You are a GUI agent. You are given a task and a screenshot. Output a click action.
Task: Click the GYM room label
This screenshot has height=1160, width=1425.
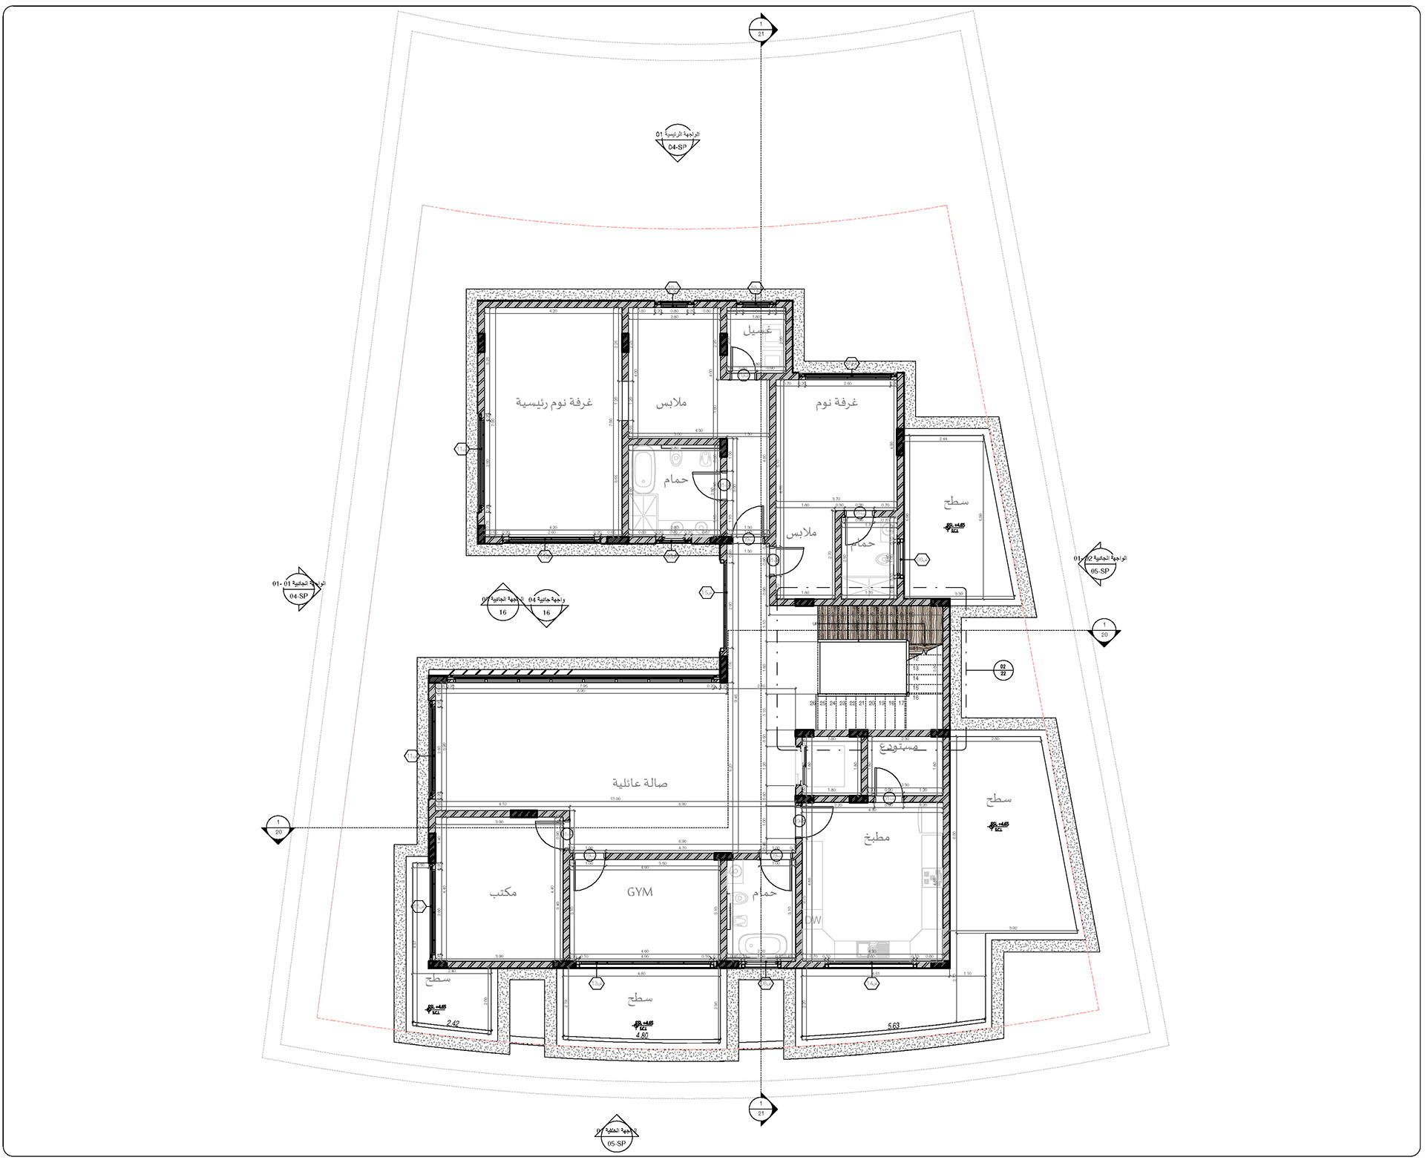click(639, 891)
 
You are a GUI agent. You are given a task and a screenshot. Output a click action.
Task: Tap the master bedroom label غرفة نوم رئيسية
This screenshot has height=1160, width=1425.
click(554, 402)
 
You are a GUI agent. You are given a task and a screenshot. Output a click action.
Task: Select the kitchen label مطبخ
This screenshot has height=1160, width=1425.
click(877, 838)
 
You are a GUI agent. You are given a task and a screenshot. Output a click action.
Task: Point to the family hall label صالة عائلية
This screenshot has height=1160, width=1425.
click(640, 783)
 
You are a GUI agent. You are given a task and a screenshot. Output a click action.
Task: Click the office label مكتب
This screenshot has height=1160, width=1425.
click(503, 892)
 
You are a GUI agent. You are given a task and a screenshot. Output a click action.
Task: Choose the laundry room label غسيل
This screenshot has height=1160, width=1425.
click(758, 330)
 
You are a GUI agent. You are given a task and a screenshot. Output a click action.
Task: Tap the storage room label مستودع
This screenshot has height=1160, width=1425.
click(898, 747)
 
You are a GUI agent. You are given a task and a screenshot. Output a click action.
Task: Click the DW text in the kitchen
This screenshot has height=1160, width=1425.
click(813, 920)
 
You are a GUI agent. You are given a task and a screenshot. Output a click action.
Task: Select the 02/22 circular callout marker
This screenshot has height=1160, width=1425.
click(1003, 670)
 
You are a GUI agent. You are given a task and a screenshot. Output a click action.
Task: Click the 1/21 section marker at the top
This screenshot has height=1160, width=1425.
click(761, 30)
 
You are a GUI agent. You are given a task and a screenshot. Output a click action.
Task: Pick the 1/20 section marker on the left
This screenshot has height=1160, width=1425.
click(278, 827)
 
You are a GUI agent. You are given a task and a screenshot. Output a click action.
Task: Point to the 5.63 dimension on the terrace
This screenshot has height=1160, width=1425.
click(894, 1026)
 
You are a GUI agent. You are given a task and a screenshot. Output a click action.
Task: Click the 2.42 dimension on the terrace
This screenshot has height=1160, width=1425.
click(453, 1023)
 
